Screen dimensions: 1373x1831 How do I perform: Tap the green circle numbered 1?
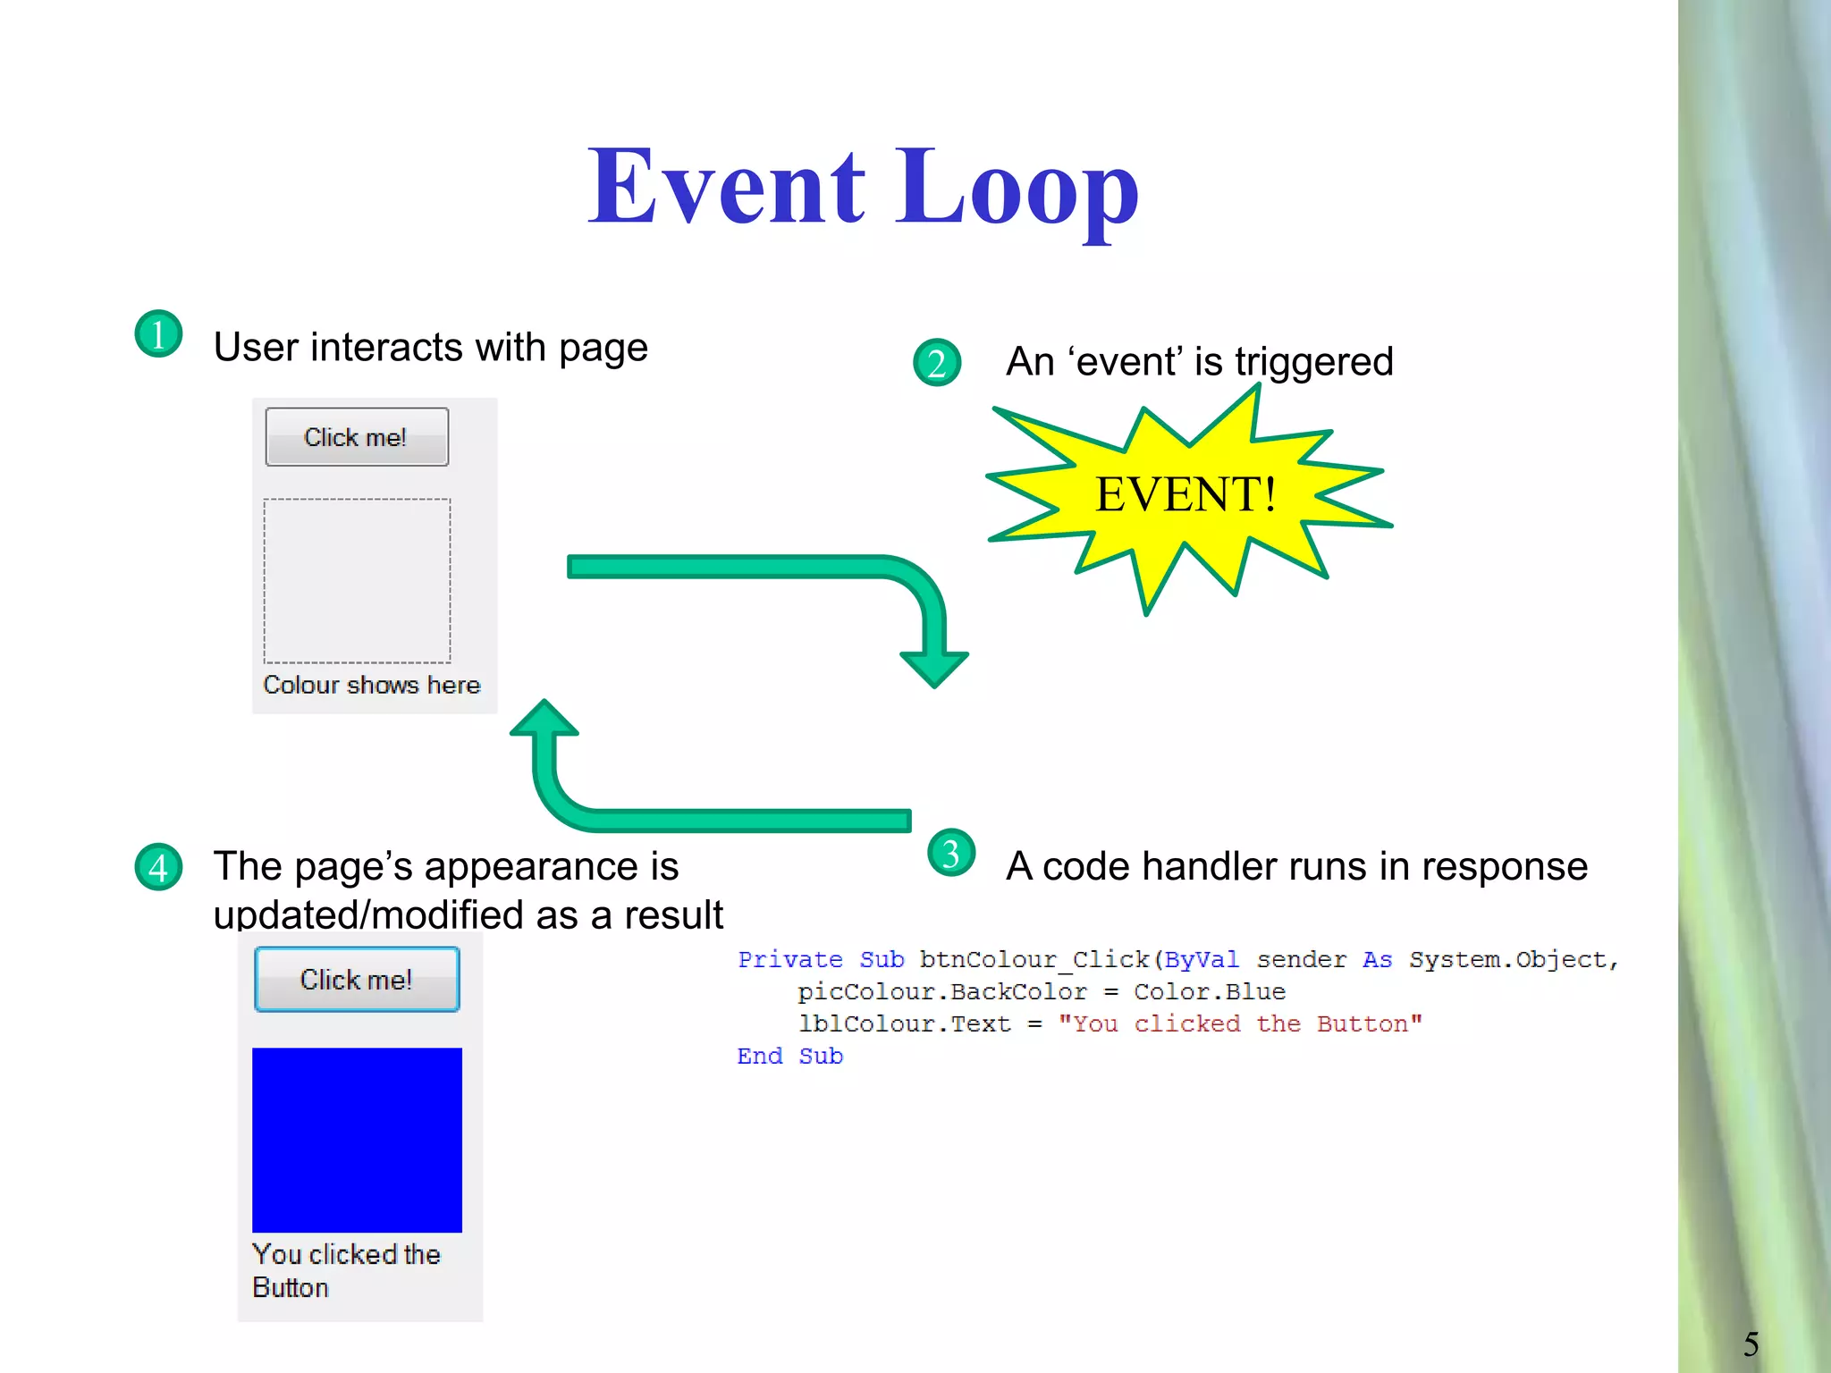[x=158, y=334]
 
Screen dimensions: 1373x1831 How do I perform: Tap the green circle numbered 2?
[x=936, y=363]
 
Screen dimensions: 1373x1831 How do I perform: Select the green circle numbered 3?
[x=951, y=853]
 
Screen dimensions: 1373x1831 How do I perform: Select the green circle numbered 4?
[x=158, y=867]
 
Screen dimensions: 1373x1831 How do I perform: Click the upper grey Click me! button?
[x=357, y=437]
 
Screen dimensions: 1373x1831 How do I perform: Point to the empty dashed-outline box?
[x=357, y=581]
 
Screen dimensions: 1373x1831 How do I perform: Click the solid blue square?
[x=357, y=1140]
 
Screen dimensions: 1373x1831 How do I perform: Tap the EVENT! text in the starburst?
[x=1186, y=494]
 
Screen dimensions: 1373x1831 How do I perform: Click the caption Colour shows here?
[x=371, y=685]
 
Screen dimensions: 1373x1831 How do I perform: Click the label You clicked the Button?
[x=346, y=1270]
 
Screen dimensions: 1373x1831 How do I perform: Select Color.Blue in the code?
[x=1209, y=991]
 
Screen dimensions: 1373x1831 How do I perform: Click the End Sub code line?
[x=789, y=1056]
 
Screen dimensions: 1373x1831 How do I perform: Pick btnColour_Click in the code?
[x=1034, y=959]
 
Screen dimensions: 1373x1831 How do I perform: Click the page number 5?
[x=1751, y=1344]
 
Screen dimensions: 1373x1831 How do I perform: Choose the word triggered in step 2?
[x=1313, y=362]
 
